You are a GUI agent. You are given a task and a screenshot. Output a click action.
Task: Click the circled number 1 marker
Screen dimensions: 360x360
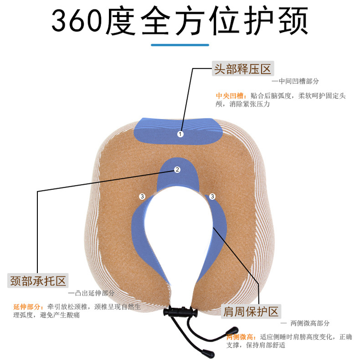[180, 134]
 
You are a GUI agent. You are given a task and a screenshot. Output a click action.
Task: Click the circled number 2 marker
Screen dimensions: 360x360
[177, 170]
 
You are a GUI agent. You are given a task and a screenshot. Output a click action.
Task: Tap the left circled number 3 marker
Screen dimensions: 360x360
[142, 196]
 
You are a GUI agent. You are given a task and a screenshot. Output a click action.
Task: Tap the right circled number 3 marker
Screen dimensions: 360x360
[212, 196]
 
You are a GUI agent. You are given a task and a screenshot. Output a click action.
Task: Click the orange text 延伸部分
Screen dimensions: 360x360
[28, 306]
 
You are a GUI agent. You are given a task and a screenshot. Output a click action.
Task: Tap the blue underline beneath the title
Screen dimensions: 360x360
[180, 45]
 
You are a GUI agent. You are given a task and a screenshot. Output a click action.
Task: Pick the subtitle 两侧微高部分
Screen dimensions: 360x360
[306, 323]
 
